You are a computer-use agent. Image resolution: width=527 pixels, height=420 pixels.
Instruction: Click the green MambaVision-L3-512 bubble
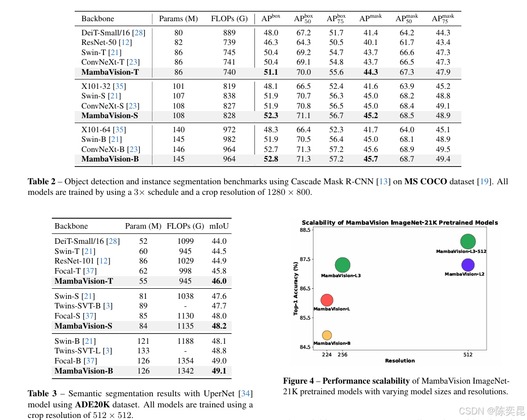[x=468, y=242]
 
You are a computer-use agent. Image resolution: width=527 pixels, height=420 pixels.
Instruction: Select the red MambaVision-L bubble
[x=327, y=300]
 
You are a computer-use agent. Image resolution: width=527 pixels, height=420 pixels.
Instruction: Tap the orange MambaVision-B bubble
[x=327, y=335]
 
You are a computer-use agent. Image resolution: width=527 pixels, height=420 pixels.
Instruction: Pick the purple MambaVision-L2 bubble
[x=468, y=265]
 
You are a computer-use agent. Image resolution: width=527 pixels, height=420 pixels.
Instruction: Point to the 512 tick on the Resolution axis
[x=468, y=354]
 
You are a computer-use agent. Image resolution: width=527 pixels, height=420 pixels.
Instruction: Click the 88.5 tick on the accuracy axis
[x=305, y=230]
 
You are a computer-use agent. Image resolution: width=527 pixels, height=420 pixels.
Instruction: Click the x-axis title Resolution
[x=400, y=360]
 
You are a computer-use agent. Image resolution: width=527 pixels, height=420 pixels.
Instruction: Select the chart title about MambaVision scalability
[x=400, y=223]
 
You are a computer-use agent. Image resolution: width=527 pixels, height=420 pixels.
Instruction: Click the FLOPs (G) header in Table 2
[x=229, y=19]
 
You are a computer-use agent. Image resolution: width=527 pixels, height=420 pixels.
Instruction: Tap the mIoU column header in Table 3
[x=219, y=226]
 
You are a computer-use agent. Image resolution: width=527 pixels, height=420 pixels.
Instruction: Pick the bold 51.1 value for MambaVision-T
[x=271, y=72]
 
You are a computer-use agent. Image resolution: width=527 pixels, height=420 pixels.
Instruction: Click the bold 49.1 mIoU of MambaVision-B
[x=219, y=371]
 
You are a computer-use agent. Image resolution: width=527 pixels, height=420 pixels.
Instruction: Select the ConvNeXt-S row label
[x=110, y=106]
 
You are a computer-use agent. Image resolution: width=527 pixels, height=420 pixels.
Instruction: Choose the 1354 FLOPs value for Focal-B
[x=185, y=361]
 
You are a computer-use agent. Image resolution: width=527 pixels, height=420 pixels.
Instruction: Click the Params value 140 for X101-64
[x=178, y=130]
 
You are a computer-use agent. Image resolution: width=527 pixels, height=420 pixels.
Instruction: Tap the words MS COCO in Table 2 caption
[x=426, y=181]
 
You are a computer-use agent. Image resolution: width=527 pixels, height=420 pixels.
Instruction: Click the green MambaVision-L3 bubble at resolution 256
[x=342, y=265]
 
